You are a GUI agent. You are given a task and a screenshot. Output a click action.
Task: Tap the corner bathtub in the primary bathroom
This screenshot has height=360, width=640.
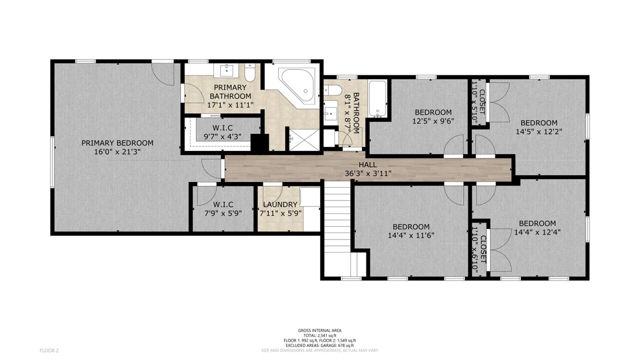pyautogui.click(x=298, y=85)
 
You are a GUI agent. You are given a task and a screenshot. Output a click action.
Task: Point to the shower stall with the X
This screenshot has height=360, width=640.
pyautogui.click(x=304, y=139)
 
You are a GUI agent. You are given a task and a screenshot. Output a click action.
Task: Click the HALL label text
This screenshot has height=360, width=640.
pyautogui.click(x=367, y=164)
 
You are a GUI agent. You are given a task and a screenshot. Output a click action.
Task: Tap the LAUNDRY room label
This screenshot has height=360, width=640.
pyautogui.click(x=280, y=204)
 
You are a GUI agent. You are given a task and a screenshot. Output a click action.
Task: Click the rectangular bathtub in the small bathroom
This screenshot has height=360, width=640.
pyautogui.click(x=377, y=99)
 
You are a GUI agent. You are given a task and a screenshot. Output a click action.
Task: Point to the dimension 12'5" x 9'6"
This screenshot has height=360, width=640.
pyautogui.click(x=433, y=121)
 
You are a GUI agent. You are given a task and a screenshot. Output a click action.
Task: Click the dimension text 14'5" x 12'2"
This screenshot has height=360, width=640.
pyautogui.click(x=539, y=131)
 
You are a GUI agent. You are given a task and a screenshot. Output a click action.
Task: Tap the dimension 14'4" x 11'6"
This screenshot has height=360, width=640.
pyautogui.click(x=411, y=235)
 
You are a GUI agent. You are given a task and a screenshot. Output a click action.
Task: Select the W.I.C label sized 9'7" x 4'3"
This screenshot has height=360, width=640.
pyautogui.click(x=222, y=132)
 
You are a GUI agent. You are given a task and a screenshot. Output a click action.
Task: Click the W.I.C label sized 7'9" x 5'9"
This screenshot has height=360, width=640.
pyautogui.click(x=223, y=209)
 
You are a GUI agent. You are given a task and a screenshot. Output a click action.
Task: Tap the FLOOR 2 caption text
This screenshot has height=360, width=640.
pyautogui.click(x=49, y=350)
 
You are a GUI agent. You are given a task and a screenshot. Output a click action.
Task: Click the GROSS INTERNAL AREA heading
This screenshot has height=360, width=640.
pyautogui.click(x=319, y=330)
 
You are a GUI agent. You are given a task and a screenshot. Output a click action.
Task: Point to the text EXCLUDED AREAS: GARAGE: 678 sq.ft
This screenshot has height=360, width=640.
pyautogui.click(x=319, y=345)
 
